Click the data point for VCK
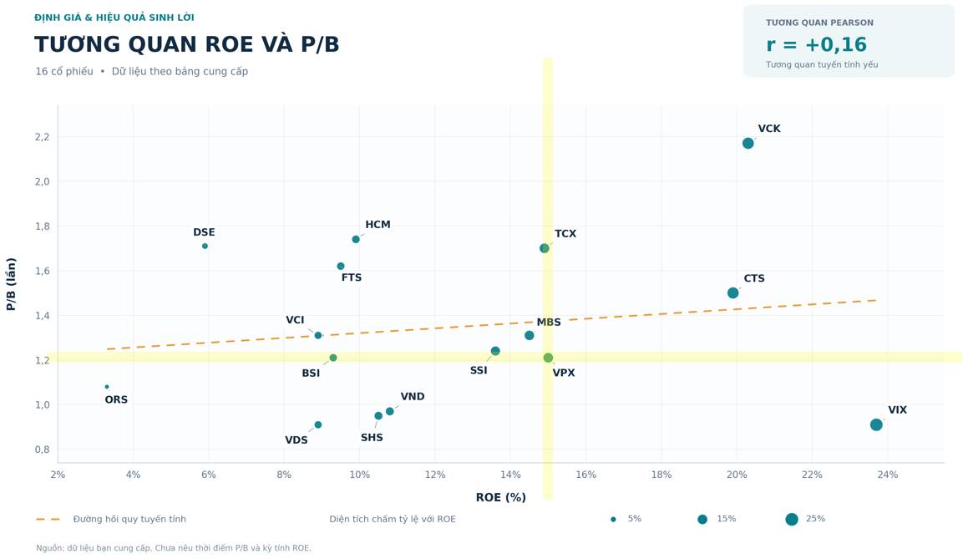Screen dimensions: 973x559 [x=747, y=144]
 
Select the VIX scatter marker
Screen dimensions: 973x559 [x=876, y=424]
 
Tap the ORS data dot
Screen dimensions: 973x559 [x=107, y=387]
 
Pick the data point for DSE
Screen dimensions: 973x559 [x=205, y=246]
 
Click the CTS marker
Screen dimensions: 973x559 [x=732, y=292]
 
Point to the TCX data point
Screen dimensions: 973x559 [x=545, y=248]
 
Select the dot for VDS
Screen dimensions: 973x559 [x=318, y=424]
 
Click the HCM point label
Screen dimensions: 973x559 [x=378, y=225]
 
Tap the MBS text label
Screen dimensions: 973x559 [x=549, y=323]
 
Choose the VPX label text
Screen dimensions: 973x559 [x=564, y=374]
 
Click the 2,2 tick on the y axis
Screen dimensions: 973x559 [x=43, y=137]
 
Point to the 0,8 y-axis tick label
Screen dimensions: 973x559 [x=43, y=450]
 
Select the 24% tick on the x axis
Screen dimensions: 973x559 [x=887, y=475]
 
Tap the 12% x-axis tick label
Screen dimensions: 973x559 [x=435, y=475]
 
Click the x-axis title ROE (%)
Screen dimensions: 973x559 [x=501, y=497]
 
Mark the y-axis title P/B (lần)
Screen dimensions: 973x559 [x=11, y=284]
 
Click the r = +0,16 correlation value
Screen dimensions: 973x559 [x=816, y=45]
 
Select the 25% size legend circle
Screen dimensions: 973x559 [x=792, y=519]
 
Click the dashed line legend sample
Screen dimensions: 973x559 [x=48, y=519]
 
